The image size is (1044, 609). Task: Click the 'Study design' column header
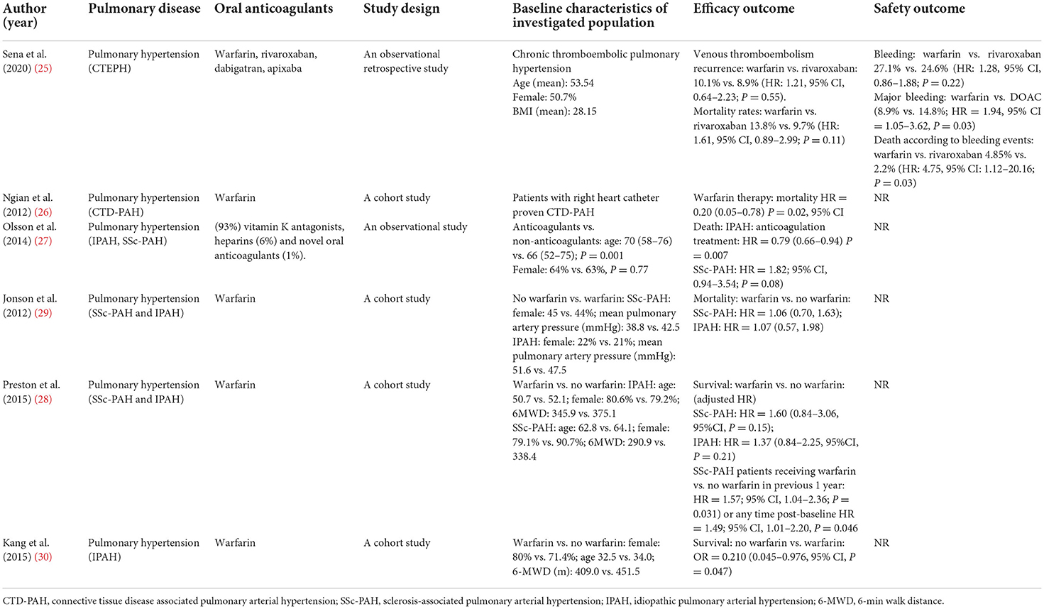tap(401, 9)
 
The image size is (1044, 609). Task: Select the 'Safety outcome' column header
tap(919, 9)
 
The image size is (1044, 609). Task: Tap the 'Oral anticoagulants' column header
tap(273, 9)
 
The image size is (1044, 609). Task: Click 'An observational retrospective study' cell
tap(405, 62)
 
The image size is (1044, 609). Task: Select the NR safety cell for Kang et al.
tap(881, 543)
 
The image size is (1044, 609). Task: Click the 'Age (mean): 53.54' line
tap(554, 83)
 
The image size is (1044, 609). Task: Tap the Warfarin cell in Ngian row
tap(235, 198)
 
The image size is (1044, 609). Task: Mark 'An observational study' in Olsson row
tap(415, 227)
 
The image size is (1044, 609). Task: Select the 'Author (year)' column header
tap(25, 16)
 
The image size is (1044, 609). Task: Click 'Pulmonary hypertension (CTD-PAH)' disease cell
tap(144, 205)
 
